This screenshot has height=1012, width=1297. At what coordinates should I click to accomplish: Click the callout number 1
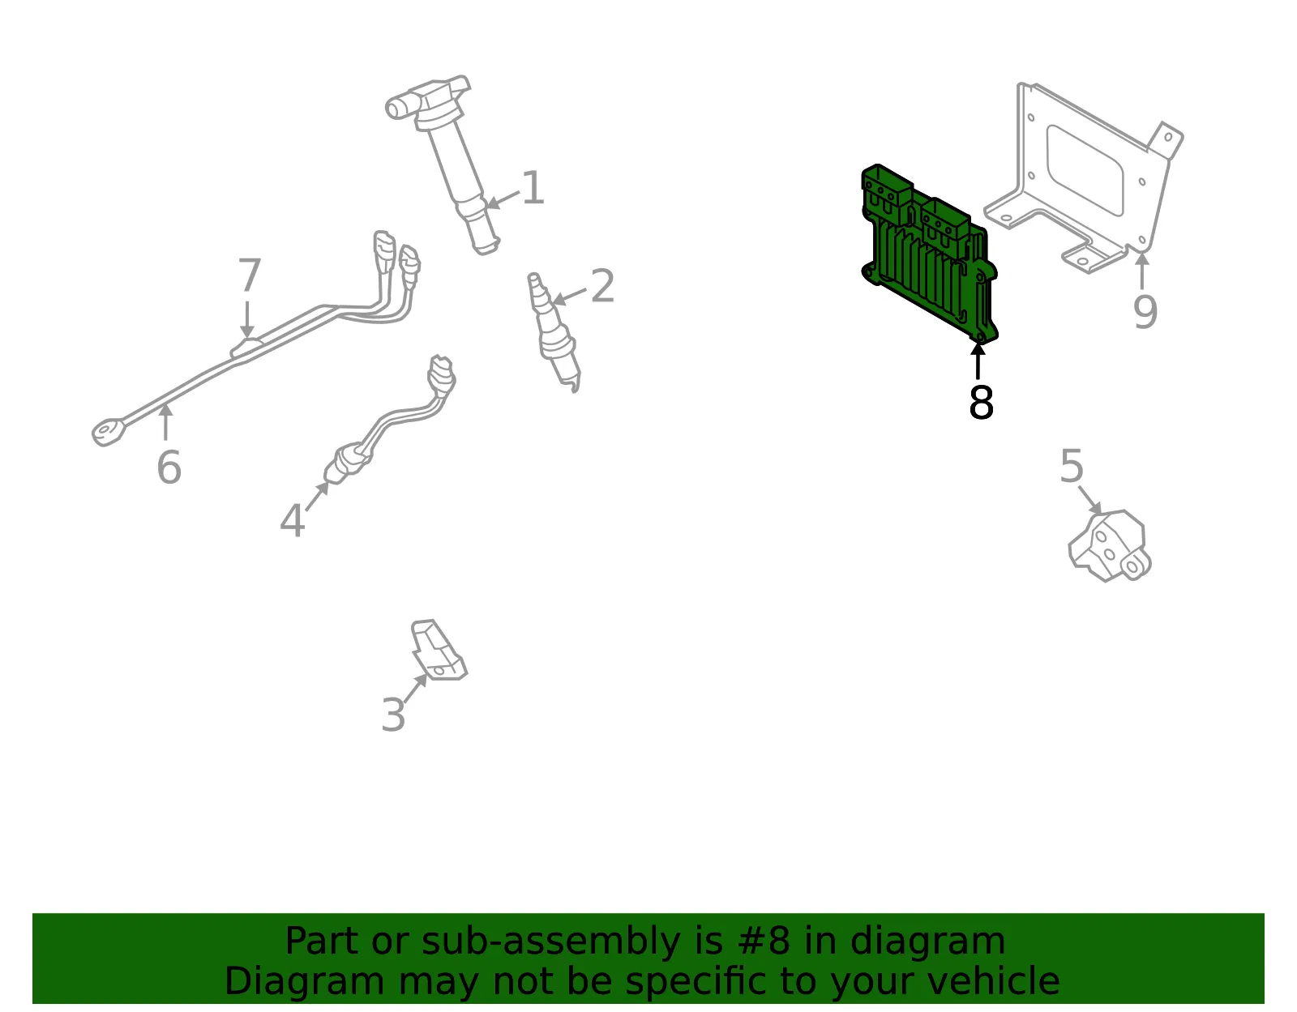533,188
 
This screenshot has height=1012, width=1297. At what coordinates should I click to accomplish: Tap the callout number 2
602,286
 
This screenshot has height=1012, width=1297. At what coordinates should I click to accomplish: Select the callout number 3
393,714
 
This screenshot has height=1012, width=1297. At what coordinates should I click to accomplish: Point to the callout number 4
293,520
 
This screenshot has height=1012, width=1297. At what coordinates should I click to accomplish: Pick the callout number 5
1072,466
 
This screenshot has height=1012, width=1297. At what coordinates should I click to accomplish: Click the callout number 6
169,467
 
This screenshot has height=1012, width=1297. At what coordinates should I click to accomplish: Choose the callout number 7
250,275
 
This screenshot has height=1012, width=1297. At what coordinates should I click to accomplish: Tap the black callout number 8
981,402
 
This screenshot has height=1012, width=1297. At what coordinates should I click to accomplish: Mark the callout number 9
1145,312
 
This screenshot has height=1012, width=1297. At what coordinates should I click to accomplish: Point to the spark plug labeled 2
554,331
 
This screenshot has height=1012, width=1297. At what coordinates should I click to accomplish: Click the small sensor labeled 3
439,651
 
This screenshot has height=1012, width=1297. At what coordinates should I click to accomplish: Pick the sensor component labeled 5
1109,545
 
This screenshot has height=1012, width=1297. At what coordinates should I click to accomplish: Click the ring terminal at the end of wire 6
108,432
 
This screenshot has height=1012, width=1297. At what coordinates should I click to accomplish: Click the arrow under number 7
247,319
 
